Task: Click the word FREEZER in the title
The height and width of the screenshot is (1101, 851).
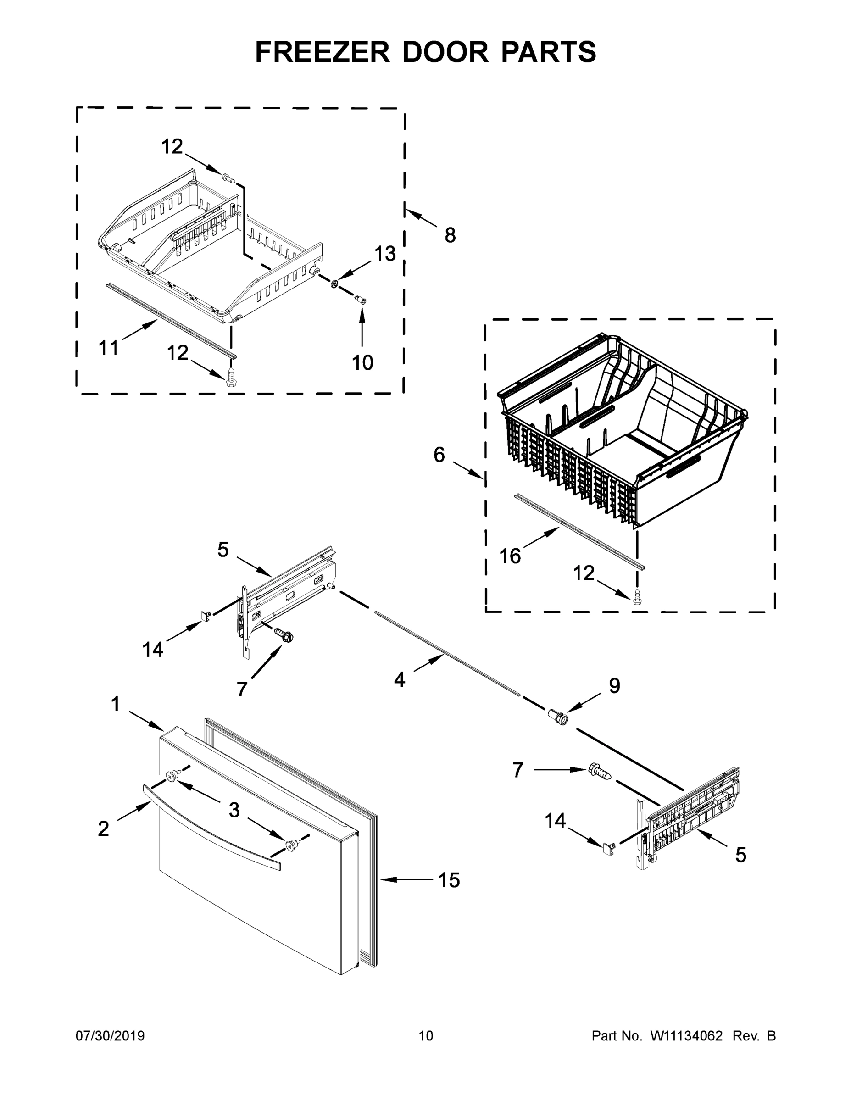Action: pyautogui.click(x=322, y=52)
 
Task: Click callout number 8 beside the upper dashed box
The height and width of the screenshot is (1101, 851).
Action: pyautogui.click(x=450, y=235)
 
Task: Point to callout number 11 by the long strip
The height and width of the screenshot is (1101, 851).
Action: pyautogui.click(x=108, y=347)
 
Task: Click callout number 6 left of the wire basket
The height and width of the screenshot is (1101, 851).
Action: pyautogui.click(x=439, y=455)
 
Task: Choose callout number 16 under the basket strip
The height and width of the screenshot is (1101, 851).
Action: pyautogui.click(x=510, y=556)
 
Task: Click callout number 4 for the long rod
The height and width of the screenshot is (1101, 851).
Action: pyautogui.click(x=399, y=680)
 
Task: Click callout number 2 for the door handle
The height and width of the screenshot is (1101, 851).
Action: pyautogui.click(x=103, y=829)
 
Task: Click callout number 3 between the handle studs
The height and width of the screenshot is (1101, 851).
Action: pyautogui.click(x=234, y=810)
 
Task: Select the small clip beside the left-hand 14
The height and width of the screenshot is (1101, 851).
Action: pyautogui.click(x=205, y=616)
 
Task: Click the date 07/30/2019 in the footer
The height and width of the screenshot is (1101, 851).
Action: pyautogui.click(x=110, y=1035)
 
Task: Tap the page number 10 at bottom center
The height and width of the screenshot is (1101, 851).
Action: pyautogui.click(x=426, y=1035)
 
